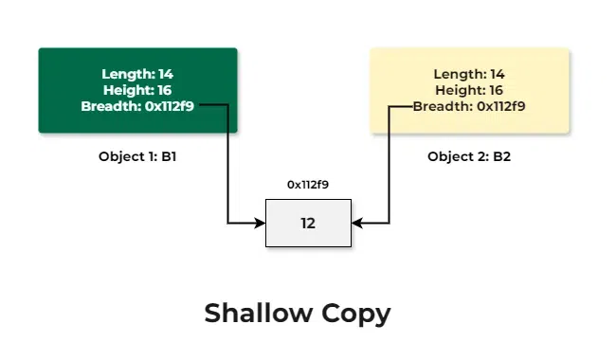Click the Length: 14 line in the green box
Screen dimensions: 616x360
tap(137, 74)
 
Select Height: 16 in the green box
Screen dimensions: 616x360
tap(137, 90)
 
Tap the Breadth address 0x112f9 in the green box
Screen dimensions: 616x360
tap(170, 106)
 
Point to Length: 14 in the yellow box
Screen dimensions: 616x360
tap(469, 74)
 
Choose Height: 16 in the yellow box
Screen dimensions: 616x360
tap(469, 90)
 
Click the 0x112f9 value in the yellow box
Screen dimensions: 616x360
tap(501, 106)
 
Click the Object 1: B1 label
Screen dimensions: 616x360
tap(137, 156)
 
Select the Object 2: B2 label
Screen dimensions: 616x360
tap(469, 156)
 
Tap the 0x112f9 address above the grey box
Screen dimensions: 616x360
tap(308, 185)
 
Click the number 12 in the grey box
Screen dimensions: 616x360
tap(308, 224)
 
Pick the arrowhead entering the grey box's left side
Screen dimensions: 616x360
tap(260, 224)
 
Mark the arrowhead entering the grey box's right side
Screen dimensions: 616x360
tap(356, 224)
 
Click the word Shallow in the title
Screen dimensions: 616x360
tap(258, 314)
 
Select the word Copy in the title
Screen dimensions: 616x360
tap(356, 315)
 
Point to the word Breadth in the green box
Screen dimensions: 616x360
tap(111, 106)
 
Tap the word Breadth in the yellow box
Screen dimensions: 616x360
tap(443, 106)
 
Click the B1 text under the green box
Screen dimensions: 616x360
tap(169, 156)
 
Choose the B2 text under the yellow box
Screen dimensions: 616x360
tap(501, 156)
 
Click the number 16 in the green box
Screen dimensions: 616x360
tap(165, 90)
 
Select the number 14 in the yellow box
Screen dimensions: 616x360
tap(498, 74)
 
